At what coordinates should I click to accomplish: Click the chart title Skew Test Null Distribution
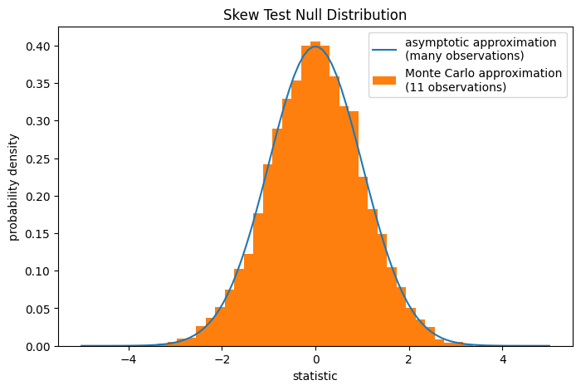(x=315, y=15)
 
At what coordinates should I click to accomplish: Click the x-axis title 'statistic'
(x=315, y=376)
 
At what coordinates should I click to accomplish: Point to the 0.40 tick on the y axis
(x=37, y=46)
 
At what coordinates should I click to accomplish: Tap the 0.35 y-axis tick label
(x=37, y=83)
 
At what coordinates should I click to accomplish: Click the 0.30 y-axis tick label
(x=37, y=121)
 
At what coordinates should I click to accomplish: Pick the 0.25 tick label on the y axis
(x=37, y=158)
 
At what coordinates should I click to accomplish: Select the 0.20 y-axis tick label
(x=37, y=196)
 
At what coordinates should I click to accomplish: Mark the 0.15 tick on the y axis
(x=37, y=234)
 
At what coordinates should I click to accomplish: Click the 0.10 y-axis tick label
(x=37, y=271)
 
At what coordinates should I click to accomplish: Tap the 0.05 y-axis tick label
(x=37, y=309)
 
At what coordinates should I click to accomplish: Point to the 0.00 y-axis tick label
(x=37, y=346)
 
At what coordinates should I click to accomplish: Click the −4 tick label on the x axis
(x=128, y=360)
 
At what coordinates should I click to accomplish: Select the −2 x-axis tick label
(x=222, y=360)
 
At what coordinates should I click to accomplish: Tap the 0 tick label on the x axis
(x=315, y=360)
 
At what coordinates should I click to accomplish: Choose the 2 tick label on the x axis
(x=408, y=360)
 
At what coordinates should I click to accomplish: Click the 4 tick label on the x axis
(x=502, y=360)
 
